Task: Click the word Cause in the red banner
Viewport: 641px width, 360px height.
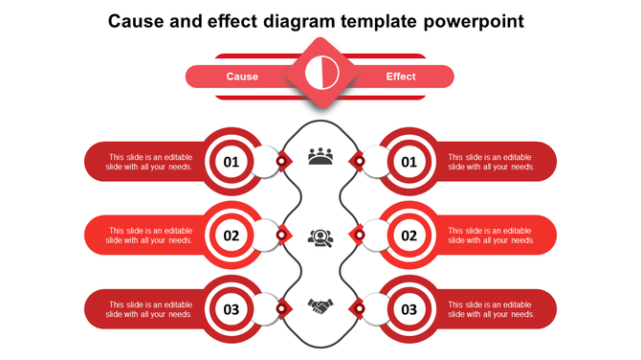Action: tap(242, 77)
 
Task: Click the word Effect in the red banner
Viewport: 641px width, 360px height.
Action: tap(401, 77)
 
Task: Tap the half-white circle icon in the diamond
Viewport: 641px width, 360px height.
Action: tap(320, 73)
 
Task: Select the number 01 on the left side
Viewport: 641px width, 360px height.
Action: tap(232, 162)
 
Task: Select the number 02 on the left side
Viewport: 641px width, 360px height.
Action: tap(232, 236)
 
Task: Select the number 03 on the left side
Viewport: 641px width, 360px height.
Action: tap(232, 309)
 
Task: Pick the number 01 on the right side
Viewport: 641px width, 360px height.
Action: tap(409, 162)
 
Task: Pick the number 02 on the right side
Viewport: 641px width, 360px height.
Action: tap(409, 236)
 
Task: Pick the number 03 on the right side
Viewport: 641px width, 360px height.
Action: tap(409, 309)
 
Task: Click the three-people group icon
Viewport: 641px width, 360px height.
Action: tap(320, 157)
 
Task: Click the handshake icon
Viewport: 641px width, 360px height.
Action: tap(320, 306)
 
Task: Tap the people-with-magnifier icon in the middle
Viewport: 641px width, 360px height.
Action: tap(320, 236)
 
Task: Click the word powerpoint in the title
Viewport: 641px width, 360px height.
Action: tap(467, 20)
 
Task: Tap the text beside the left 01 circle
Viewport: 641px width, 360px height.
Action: tap(150, 162)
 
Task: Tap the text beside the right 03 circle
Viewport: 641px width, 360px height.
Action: tap(491, 309)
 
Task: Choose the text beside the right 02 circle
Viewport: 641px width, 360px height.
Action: tap(491, 236)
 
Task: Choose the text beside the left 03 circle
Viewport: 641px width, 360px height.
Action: tap(150, 309)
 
